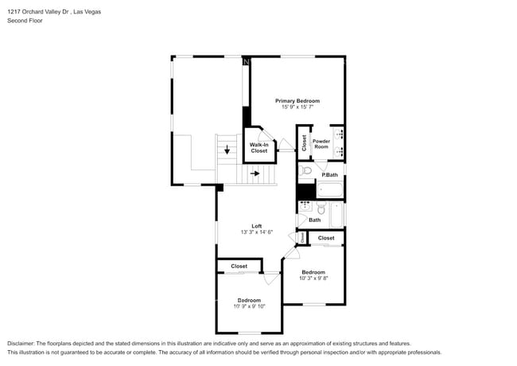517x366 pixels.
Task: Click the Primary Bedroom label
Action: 297,101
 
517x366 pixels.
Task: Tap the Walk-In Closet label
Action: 259,147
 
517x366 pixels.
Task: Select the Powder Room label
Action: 321,143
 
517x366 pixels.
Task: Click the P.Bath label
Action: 329,174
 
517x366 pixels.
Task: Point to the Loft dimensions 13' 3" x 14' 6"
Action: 256,232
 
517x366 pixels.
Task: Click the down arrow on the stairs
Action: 227,149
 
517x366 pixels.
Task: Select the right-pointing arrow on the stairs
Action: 255,172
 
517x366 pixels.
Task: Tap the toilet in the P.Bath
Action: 306,170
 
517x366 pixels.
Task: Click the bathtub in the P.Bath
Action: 329,191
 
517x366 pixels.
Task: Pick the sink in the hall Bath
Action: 305,205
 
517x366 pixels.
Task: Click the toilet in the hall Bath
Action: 321,209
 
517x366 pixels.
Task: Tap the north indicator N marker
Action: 247,61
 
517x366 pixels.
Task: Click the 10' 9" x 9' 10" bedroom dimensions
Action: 248,306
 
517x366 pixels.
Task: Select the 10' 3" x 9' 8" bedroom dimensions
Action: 313,278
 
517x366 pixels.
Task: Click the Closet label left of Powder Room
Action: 304,142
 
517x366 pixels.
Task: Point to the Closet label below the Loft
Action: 239,266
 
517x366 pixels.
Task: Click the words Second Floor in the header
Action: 25,21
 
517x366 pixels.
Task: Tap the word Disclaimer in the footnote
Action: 23,343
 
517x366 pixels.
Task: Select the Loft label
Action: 256,225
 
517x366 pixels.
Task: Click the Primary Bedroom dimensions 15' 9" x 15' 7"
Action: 297,108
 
